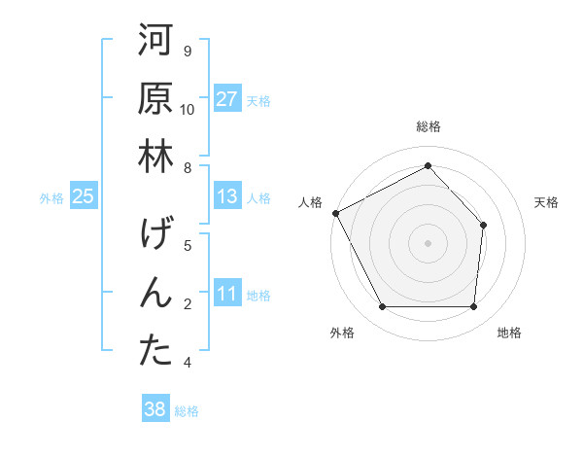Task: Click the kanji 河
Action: pyautogui.click(x=155, y=42)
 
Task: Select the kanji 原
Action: pyautogui.click(x=155, y=100)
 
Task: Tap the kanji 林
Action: pyautogui.click(x=155, y=158)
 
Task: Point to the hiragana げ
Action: pyautogui.click(x=155, y=235)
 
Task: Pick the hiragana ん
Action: pyautogui.click(x=155, y=295)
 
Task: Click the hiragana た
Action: pyautogui.click(x=155, y=352)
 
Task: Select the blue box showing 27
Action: pyautogui.click(x=227, y=100)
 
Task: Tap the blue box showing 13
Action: pyautogui.click(x=227, y=197)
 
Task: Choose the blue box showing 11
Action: pyautogui.click(x=227, y=295)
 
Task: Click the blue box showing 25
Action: pyautogui.click(x=84, y=197)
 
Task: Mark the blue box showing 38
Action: pyautogui.click(x=155, y=410)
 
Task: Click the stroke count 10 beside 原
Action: pyautogui.click(x=188, y=110)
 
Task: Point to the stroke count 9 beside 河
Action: pyautogui.click(x=188, y=52)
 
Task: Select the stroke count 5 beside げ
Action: pyautogui.click(x=188, y=245)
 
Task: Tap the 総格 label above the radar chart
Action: pyautogui.click(x=428, y=126)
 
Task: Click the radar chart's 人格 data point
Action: pyautogui.click(x=335, y=213)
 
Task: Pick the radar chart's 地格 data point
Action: pyautogui.click(x=473, y=307)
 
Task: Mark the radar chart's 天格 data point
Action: pyautogui.click(x=483, y=225)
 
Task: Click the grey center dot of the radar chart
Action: pyautogui.click(x=428, y=242)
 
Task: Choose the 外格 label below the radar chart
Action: pyautogui.click(x=342, y=334)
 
